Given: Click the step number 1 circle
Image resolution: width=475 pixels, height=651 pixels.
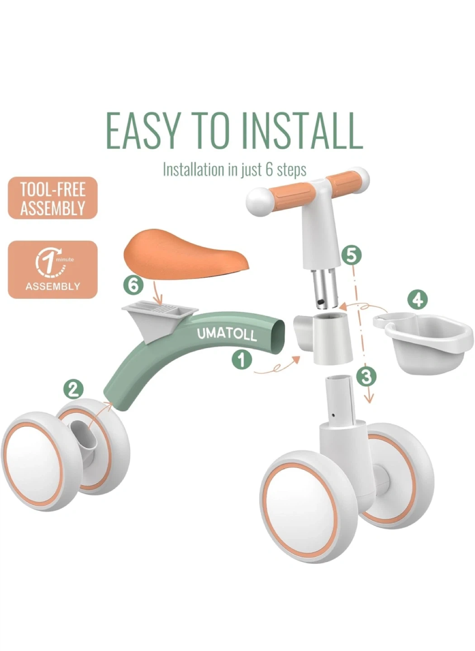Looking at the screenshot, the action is pyautogui.click(x=242, y=360).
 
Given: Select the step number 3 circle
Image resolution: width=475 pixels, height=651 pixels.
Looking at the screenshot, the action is pyautogui.click(x=366, y=377).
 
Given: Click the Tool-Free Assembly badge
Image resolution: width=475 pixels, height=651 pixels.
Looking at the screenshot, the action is pyautogui.click(x=52, y=198).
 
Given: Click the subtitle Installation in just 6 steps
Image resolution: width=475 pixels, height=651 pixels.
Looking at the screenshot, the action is pyautogui.click(x=235, y=170).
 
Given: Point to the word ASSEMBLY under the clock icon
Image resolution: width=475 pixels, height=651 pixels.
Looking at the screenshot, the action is pyautogui.click(x=52, y=286).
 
